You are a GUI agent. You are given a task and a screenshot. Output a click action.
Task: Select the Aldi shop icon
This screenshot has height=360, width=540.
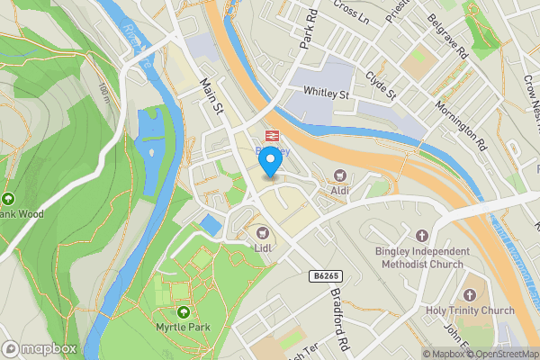coord(339,175)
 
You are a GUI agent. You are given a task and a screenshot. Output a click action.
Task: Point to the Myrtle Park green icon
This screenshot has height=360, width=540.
coord(184,311)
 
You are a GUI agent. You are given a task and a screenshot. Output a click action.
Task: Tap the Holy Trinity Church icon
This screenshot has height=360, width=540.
coord(469,295)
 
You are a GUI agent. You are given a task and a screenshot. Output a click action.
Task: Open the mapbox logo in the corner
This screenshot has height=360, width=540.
coord(40,348)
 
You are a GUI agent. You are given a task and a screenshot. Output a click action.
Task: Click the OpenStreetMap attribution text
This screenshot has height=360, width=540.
coord(500,354)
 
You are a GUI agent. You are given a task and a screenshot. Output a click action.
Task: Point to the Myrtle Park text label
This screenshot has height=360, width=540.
coord(184,327)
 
